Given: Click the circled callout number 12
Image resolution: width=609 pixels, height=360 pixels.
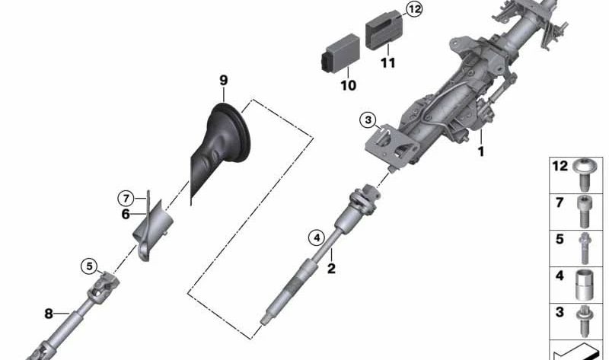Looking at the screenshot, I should click(x=413, y=9).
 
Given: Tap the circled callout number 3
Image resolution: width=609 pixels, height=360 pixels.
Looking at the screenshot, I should click(x=368, y=119).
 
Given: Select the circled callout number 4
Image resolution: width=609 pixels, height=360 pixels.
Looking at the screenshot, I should click(x=316, y=237).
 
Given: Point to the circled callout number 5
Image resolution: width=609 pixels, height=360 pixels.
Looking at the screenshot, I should click(x=91, y=266).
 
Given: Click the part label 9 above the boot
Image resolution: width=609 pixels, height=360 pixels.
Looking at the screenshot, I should click(x=223, y=80).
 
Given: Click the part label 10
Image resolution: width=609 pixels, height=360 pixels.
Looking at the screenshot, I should click(x=348, y=85).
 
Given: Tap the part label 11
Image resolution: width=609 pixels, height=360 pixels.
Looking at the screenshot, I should click(x=388, y=62).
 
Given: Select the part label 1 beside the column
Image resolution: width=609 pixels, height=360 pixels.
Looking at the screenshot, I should click(x=480, y=151).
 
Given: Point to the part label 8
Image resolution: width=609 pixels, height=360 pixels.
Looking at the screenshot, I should click(x=49, y=313).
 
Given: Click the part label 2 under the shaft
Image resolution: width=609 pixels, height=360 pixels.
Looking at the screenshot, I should click(x=331, y=268).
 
